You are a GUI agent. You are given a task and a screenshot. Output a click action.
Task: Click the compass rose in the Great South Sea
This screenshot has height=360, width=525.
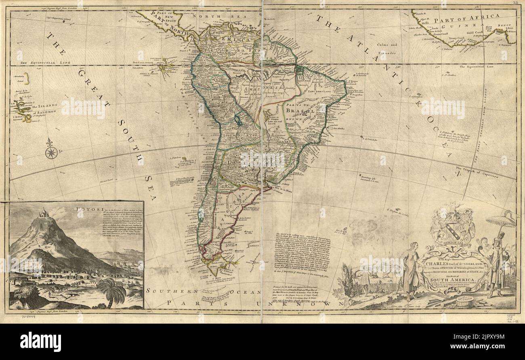[51, 152]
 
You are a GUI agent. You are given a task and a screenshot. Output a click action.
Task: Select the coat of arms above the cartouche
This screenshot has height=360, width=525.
[452, 228]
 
